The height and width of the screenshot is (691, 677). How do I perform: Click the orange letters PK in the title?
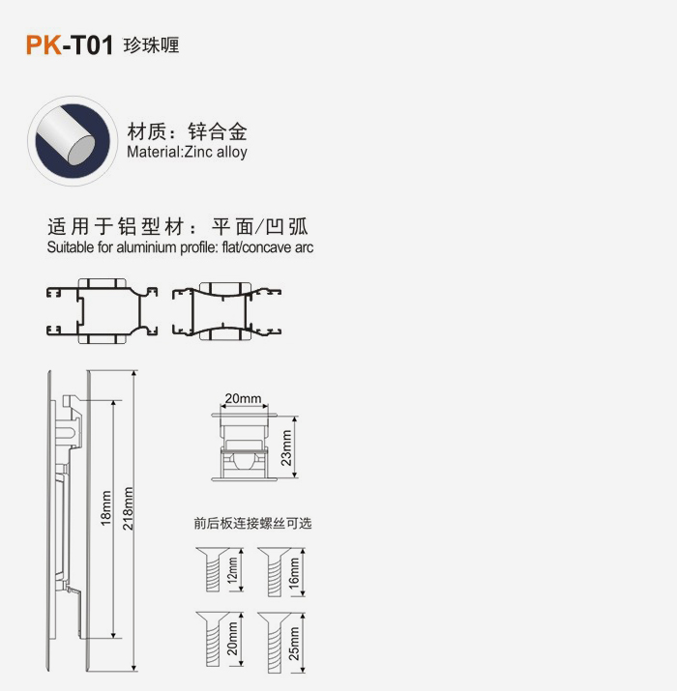point(44,45)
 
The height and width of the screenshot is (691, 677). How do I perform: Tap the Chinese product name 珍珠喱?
point(151,45)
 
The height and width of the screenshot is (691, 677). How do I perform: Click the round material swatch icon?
point(73,140)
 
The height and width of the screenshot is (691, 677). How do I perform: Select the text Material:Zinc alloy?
point(187,152)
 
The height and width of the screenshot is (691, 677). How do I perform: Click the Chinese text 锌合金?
point(218,131)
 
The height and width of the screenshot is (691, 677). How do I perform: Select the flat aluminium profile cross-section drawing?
point(102,311)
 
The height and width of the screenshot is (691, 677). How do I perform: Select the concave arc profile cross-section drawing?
point(226,311)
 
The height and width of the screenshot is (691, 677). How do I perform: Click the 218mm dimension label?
point(128,508)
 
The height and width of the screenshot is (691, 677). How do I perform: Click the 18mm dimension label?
point(106,508)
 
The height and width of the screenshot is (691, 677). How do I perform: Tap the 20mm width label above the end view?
point(243,398)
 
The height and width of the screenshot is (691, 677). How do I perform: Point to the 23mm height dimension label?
point(286,447)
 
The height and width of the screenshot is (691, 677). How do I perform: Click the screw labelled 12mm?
point(213,569)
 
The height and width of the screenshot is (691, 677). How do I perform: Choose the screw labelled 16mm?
point(275,572)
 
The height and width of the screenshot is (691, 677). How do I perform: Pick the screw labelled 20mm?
point(213,639)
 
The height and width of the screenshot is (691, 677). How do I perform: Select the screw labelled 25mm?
point(275,643)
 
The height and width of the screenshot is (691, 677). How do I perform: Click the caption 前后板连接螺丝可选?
point(252,523)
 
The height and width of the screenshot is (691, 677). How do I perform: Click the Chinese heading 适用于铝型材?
point(115,227)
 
